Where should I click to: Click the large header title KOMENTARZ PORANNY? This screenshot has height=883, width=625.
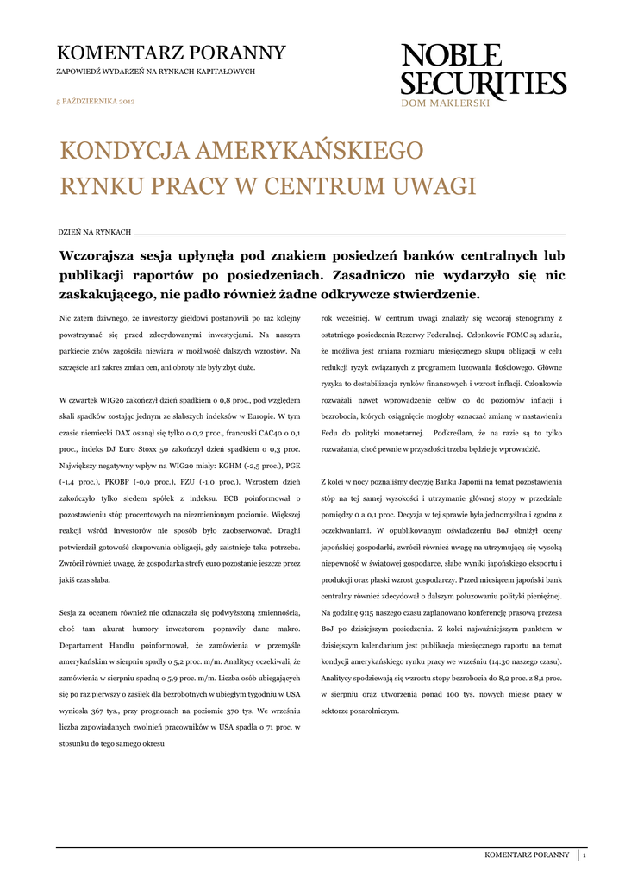pos(171,53)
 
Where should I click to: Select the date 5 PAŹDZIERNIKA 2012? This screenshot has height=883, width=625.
pos(96,102)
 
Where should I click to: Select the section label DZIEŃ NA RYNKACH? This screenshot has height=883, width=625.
pos(94,233)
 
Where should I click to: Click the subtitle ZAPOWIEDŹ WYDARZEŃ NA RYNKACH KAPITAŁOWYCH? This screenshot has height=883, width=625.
pos(156,72)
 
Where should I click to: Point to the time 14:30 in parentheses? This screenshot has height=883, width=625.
pos(492,661)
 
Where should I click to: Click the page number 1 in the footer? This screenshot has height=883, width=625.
pos(584,855)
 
